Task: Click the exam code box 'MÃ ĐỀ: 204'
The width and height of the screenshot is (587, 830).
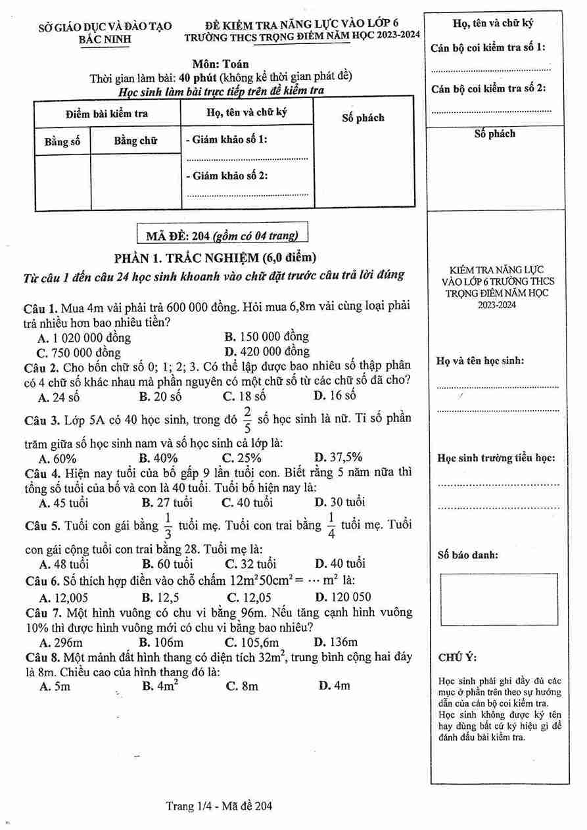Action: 221,234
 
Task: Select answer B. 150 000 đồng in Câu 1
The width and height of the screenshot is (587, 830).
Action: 266,336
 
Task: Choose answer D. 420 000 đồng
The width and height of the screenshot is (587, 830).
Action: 266,351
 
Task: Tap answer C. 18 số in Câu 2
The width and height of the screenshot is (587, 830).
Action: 244,396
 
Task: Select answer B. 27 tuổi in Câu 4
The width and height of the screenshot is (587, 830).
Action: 167,503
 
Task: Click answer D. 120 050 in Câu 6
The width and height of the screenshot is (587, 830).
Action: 342,597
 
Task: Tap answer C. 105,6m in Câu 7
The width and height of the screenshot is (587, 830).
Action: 252,642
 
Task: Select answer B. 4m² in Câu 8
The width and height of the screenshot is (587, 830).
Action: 161,685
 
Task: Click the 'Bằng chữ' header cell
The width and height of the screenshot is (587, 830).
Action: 135,141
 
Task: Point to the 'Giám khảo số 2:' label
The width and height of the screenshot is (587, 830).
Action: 225,175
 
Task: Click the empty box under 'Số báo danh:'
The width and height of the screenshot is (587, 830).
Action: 499,599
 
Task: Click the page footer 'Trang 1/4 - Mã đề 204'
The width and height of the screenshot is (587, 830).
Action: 219,806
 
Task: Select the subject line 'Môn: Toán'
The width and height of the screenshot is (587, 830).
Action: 220,64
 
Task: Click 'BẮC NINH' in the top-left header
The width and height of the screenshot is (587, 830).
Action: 105,39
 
